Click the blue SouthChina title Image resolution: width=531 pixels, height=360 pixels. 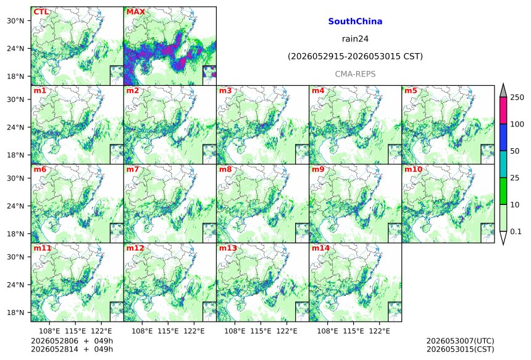click(355, 22)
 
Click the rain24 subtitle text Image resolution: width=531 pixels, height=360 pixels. click(355, 39)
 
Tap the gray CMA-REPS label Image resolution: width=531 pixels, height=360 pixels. click(355, 74)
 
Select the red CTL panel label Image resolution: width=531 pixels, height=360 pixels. click(41, 12)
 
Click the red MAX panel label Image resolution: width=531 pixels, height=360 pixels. click(135, 12)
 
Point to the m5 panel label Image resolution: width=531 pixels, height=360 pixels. click(411, 91)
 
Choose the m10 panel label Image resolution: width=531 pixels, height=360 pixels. click(413, 169)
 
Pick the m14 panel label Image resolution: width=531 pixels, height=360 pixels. click(320, 248)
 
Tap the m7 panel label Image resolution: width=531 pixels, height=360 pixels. click(133, 169)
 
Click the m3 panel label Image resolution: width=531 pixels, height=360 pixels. click(225, 91)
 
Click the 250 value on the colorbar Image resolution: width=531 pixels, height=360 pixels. click(517, 98)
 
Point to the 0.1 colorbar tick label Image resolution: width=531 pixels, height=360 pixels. click(516, 232)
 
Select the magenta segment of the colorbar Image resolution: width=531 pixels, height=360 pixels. click(503, 111)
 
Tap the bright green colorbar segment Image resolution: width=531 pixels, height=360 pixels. click(503, 191)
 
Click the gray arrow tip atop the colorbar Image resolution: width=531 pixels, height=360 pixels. click(503, 83)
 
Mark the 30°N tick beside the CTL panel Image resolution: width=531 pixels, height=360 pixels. click(15, 20)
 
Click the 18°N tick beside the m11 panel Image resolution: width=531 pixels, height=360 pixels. click(15, 312)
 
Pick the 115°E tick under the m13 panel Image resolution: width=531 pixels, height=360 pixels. click(261, 331)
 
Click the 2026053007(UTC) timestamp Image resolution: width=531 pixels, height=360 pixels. click(460, 341)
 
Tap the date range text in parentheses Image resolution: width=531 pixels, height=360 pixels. click(355, 56)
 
